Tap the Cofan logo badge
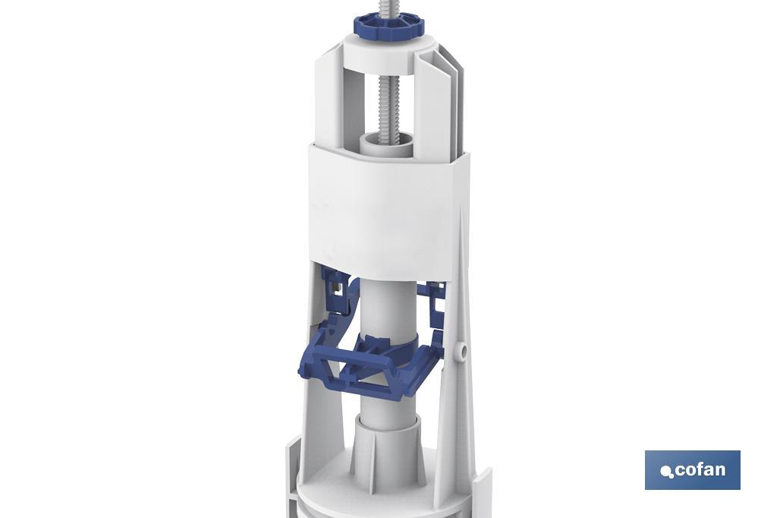(x=692, y=469)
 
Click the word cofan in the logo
(x=699, y=469)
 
